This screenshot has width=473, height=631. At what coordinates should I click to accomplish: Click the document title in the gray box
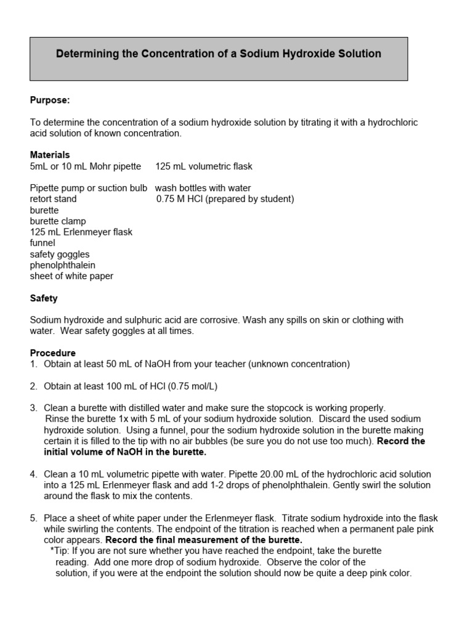click(219, 54)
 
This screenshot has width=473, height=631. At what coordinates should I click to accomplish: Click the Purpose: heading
click(50, 100)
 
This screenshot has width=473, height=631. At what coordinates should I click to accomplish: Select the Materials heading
click(50, 155)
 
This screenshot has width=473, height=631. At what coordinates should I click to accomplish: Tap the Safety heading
click(44, 298)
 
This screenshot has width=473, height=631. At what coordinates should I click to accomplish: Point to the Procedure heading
click(53, 353)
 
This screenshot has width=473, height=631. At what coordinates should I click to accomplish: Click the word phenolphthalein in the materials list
click(63, 265)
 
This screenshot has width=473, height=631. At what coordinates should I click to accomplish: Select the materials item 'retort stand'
click(54, 199)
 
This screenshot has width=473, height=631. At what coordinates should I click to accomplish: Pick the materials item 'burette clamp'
click(58, 221)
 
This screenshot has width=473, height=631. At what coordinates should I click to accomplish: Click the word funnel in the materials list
click(42, 243)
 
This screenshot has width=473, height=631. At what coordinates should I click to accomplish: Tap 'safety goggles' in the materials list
click(60, 254)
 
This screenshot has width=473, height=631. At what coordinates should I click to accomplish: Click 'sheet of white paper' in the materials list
click(71, 276)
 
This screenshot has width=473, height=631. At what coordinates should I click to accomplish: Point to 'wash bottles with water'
click(203, 188)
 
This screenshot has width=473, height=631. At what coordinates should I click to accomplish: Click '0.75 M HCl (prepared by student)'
click(225, 199)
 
